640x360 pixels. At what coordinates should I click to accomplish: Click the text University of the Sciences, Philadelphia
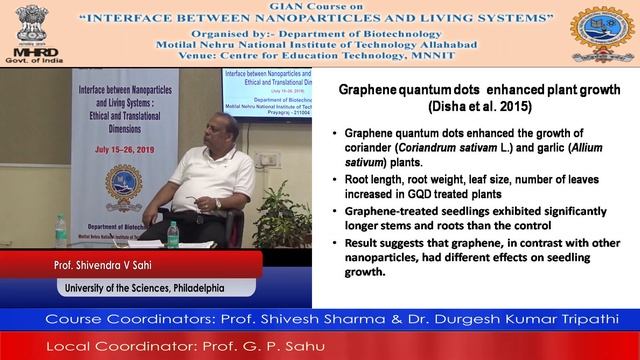[x=138, y=289]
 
